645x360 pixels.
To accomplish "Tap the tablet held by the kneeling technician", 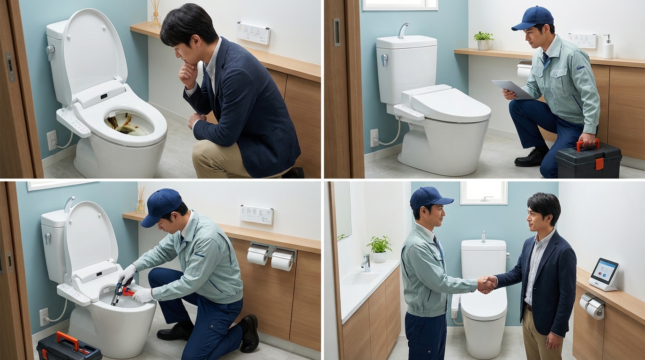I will (512, 89).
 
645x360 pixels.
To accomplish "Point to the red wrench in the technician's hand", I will (127, 292).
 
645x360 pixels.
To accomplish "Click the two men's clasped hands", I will (487, 284).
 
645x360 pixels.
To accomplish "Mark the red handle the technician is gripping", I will (587, 143).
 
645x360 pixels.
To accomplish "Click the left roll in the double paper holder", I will (257, 256).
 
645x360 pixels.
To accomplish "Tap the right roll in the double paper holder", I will (282, 261).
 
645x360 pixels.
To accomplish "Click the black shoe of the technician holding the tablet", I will (530, 158).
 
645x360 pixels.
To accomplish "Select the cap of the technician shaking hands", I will (430, 197).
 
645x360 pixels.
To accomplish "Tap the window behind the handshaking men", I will (483, 193).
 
